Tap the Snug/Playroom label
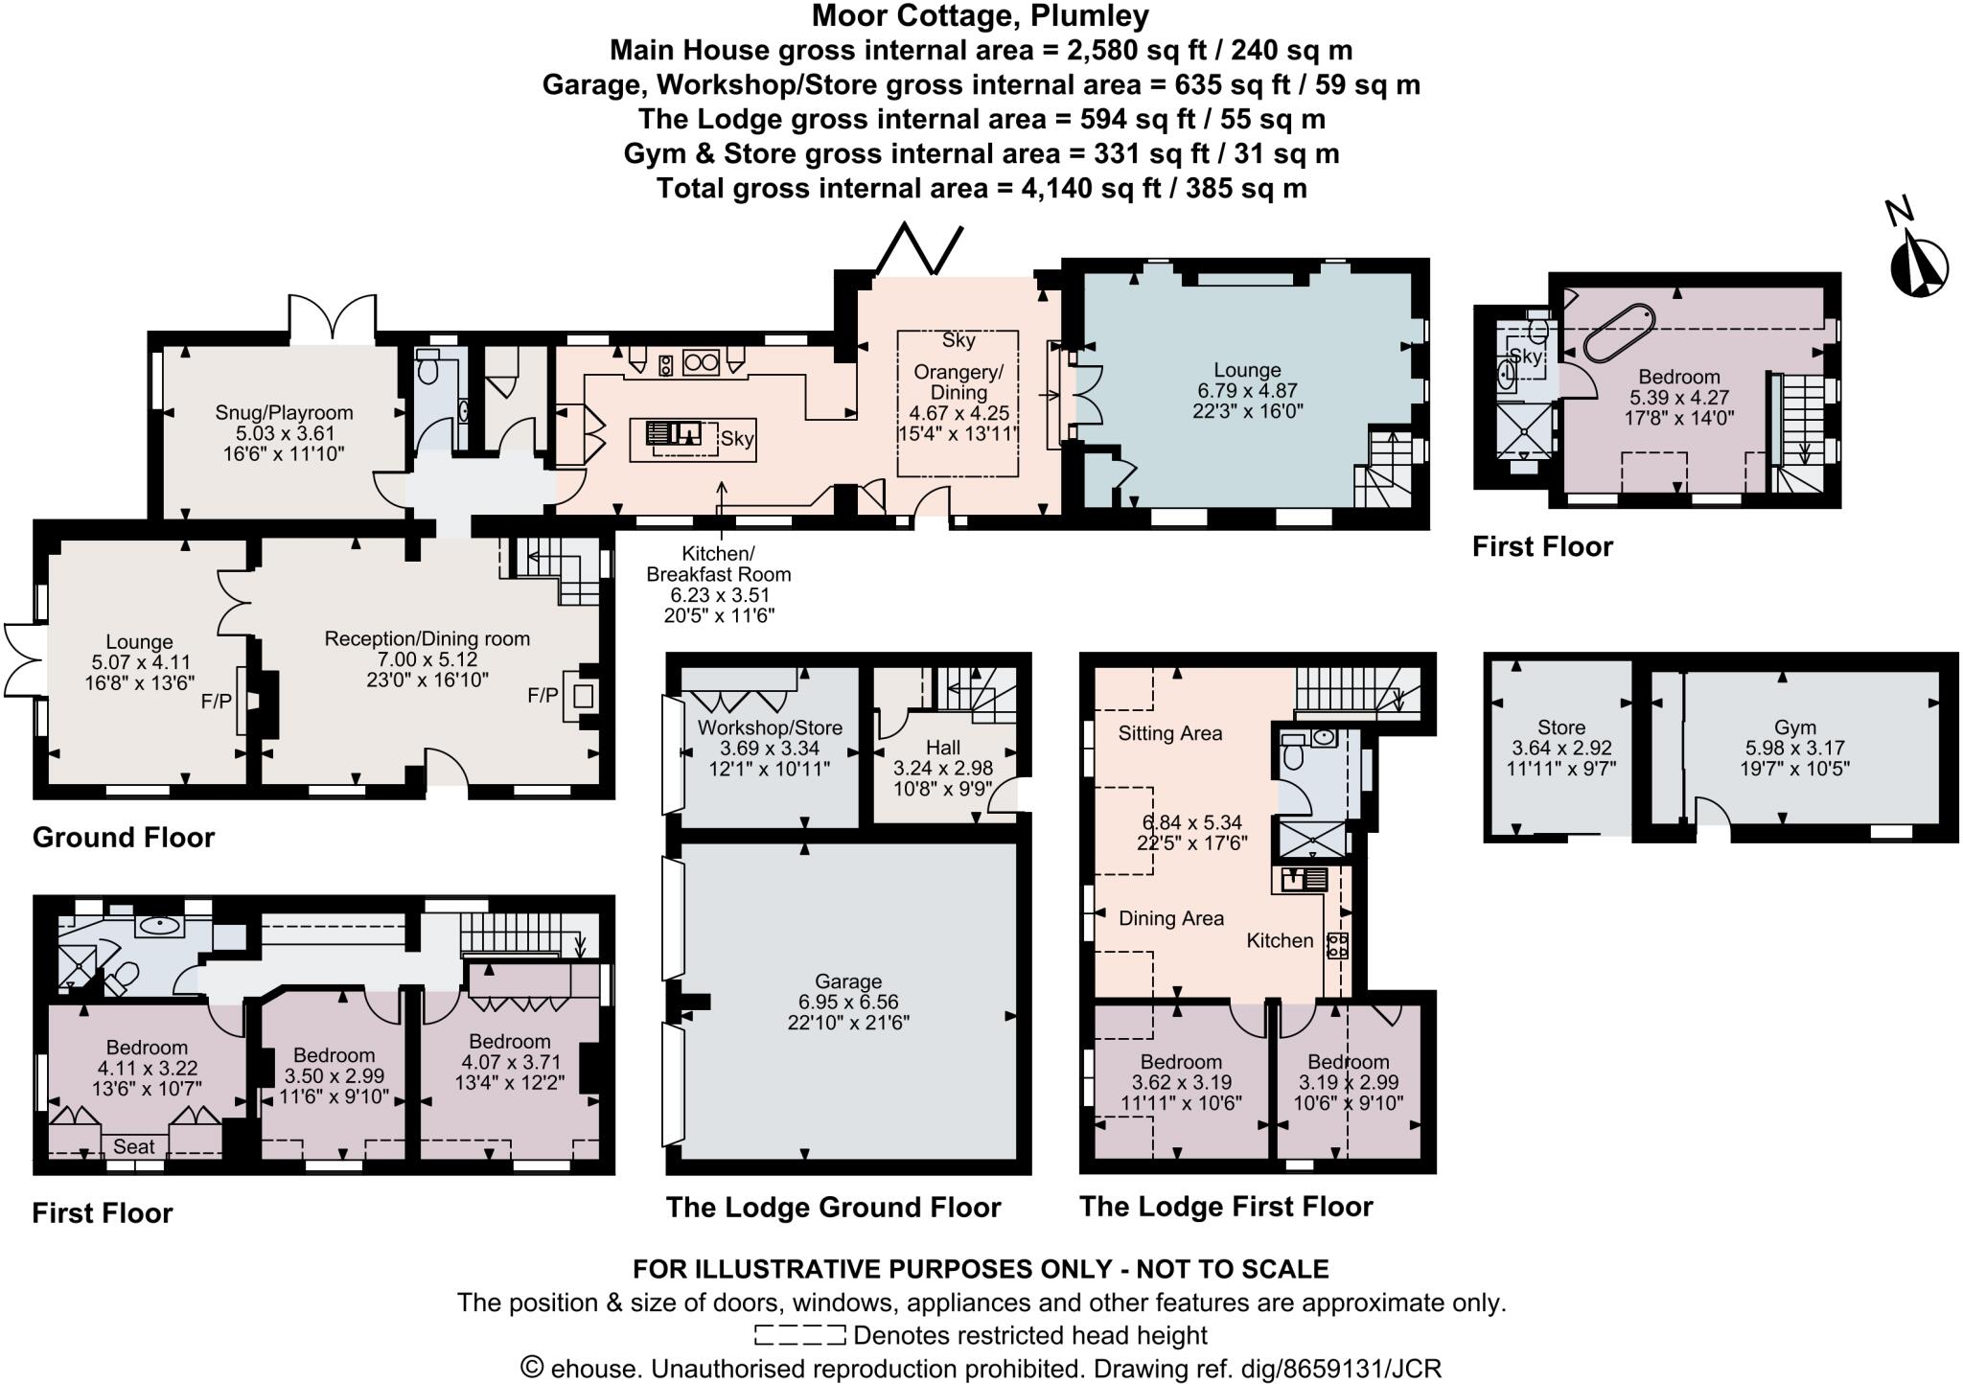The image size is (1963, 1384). (284, 413)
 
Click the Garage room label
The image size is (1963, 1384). (848, 981)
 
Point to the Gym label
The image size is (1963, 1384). (1794, 727)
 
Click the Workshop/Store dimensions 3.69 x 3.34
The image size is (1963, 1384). (769, 749)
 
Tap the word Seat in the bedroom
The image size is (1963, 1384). (133, 1146)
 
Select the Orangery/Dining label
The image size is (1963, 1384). (958, 382)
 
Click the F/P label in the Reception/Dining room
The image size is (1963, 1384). (543, 695)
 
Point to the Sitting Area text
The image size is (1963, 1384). (1170, 734)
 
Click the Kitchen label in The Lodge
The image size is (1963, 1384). (1280, 941)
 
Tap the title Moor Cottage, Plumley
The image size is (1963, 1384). (980, 16)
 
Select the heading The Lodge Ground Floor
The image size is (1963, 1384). (833, 1208)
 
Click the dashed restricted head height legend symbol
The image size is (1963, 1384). (799, 1335)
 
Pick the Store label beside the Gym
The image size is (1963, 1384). (1560, 727)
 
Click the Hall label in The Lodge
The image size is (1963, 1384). (943, 748)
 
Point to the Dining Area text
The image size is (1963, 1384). (1171, 918)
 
